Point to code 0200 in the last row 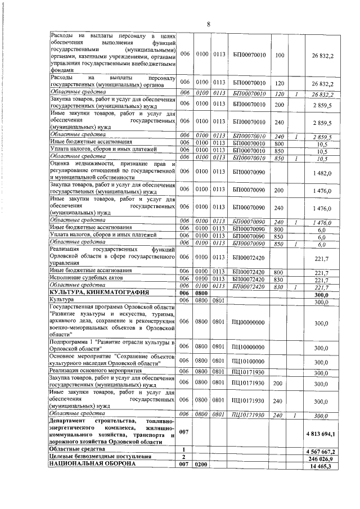(201, 466)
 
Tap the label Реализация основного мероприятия (92, 372)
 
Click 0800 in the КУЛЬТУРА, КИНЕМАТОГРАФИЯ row (201, 293)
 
